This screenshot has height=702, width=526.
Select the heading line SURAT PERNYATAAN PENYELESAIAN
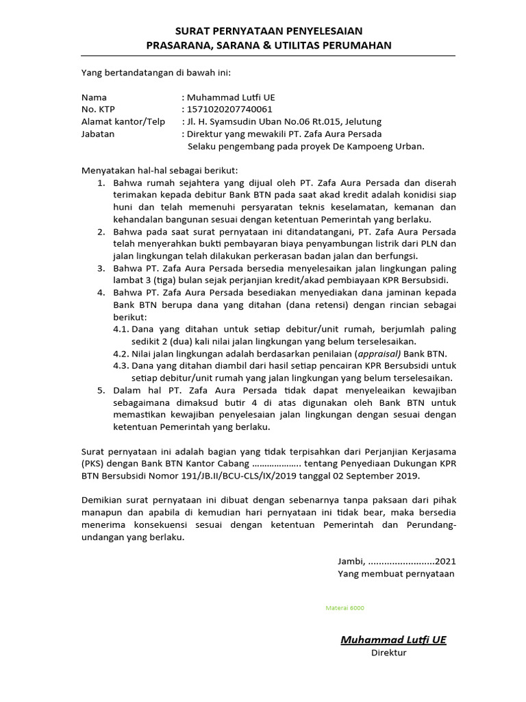point(268,31)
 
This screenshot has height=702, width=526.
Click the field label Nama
point(94,97)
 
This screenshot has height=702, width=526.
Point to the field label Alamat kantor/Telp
point(123,121)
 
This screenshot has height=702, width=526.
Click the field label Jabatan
point(98,134)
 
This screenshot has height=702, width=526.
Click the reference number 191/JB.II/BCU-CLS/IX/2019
point(233,475)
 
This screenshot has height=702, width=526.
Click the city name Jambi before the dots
point(350,561)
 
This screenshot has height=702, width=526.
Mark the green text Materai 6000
point(345,607)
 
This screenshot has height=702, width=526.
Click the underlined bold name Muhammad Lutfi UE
point(393,639)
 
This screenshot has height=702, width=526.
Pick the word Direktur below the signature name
point(388,653)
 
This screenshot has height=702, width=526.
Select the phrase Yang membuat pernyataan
point(395,573)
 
